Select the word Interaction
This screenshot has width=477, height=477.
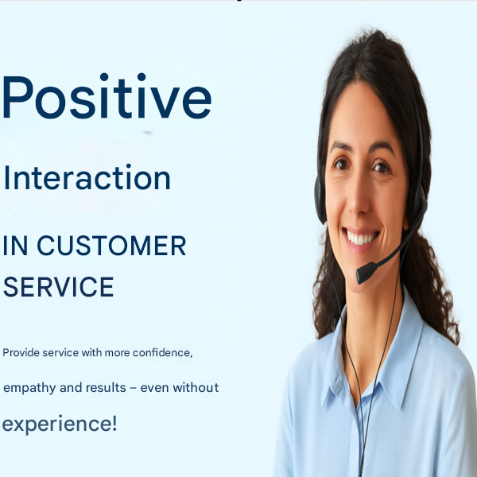point(87,178)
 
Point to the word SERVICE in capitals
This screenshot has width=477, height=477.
point(58,287)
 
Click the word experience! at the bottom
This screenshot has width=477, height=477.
point(60,424)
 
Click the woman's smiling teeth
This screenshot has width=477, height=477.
point(362,238)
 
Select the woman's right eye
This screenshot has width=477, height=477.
point(342,165)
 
